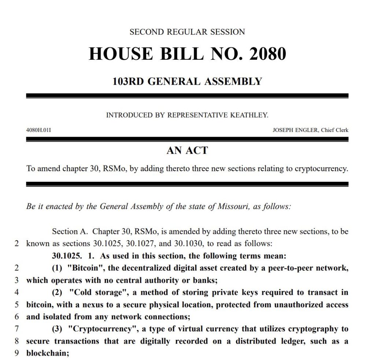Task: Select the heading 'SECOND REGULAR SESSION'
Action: pyautogui.click(x=187, y=32)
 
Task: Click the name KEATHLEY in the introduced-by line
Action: pyautogui.click(x=249, y=115)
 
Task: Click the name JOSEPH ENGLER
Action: pyautogui.click(x=296, y=130)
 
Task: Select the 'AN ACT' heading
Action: pyautogui.click(x=187, y=150)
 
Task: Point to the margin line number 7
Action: pyautogui.click(x=16, y=329)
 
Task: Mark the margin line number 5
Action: pyautogui.click(x=16, y=305)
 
